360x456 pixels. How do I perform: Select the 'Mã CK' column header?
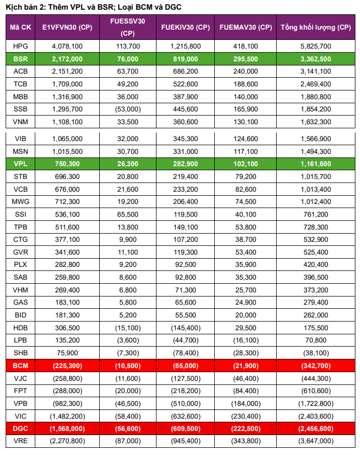20,27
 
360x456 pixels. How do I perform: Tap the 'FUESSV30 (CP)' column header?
127,27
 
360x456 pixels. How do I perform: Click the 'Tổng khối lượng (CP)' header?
316,27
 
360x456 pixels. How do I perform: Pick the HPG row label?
20,46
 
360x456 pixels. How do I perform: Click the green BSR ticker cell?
20,59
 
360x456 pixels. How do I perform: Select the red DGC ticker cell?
20,428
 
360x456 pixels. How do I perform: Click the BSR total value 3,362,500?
316,59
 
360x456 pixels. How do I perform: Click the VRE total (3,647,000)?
316,441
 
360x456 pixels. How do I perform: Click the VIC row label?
20,415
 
